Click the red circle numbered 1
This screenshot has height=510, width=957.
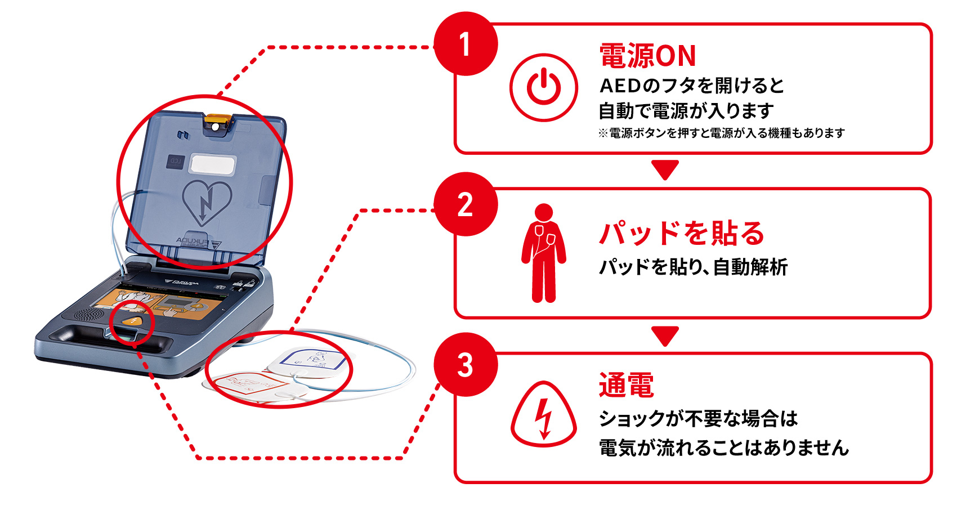click(x=466, y=44)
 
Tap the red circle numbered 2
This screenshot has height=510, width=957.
click(x=466, y=204)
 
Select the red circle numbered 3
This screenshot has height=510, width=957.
click(x=466, y=365)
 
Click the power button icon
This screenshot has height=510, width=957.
click(x=543, y=87)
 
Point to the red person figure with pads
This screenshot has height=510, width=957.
click(x=543, y=253)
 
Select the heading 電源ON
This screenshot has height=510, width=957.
click(x=647, y=56)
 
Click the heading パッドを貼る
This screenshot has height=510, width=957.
click(x=681, y=233)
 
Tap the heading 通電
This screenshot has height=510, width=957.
click(x=626, y=385)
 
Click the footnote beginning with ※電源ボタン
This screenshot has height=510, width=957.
click(x=721, y=133)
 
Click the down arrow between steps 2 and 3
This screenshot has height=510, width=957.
click(x=665, y=335)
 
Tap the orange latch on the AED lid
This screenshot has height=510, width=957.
click(x=217, y=122)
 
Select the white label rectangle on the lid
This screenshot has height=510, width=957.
click(x=213, y=164)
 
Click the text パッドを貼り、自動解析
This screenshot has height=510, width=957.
click(x=692, y=267)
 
